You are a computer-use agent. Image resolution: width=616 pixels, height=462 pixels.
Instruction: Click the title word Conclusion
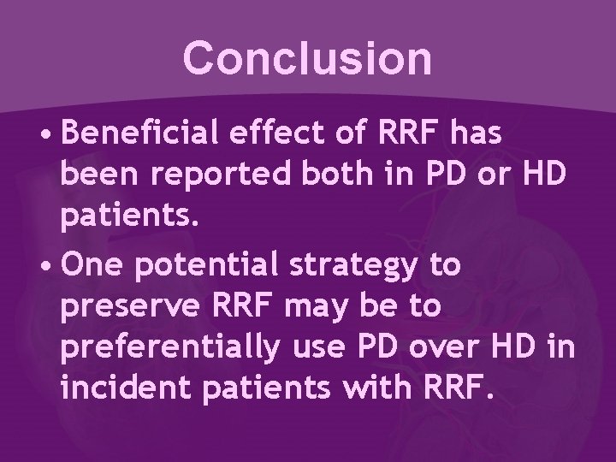pos(307,57)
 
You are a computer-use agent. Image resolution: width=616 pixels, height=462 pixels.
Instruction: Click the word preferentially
pos(169,346)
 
